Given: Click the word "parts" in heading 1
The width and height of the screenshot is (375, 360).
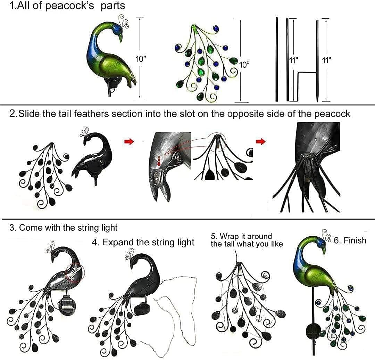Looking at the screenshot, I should point(113,6).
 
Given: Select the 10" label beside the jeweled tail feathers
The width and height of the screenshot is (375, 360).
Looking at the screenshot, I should point(244,64).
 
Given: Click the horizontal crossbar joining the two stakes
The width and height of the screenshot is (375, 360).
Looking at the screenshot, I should point(307,73).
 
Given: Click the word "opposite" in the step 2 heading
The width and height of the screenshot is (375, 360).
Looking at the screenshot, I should point(248,114).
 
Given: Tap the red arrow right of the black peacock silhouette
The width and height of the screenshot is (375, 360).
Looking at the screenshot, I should point(129,142).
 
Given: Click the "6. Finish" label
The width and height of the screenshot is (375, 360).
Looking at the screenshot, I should point(350,240).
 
